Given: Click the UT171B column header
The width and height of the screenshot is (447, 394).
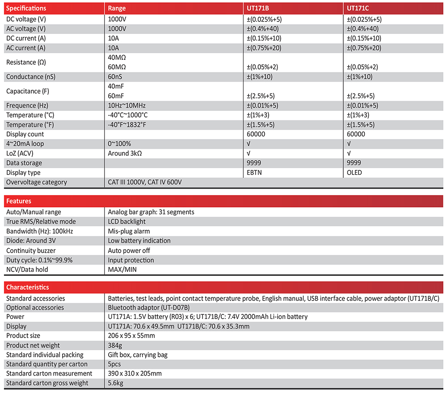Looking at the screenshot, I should click(x=258, y=8).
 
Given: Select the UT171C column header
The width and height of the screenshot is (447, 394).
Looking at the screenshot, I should click(x=359, y=8).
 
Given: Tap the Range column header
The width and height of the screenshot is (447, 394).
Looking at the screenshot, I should click(x=117, y=8).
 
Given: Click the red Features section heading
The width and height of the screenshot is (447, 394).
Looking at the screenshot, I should click(x=19, y=201).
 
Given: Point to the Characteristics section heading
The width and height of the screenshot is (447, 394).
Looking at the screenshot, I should click(x=28, y=287).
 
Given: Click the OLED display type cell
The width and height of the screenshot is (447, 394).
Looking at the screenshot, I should click(x=354, y=173).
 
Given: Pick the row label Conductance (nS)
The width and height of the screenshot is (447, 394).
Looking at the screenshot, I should click(x=31, y=77).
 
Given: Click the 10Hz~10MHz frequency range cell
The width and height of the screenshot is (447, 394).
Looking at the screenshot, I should click(x=127, y=106).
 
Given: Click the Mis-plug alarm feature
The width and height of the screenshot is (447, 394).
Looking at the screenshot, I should click(x=129, y=231).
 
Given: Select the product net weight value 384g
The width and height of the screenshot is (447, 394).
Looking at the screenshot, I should click(x=115, y=345).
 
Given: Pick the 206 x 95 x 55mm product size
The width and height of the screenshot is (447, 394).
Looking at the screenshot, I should click(x=131, y=336).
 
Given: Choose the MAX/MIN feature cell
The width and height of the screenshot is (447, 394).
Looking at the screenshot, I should click(x=122, y=270).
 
